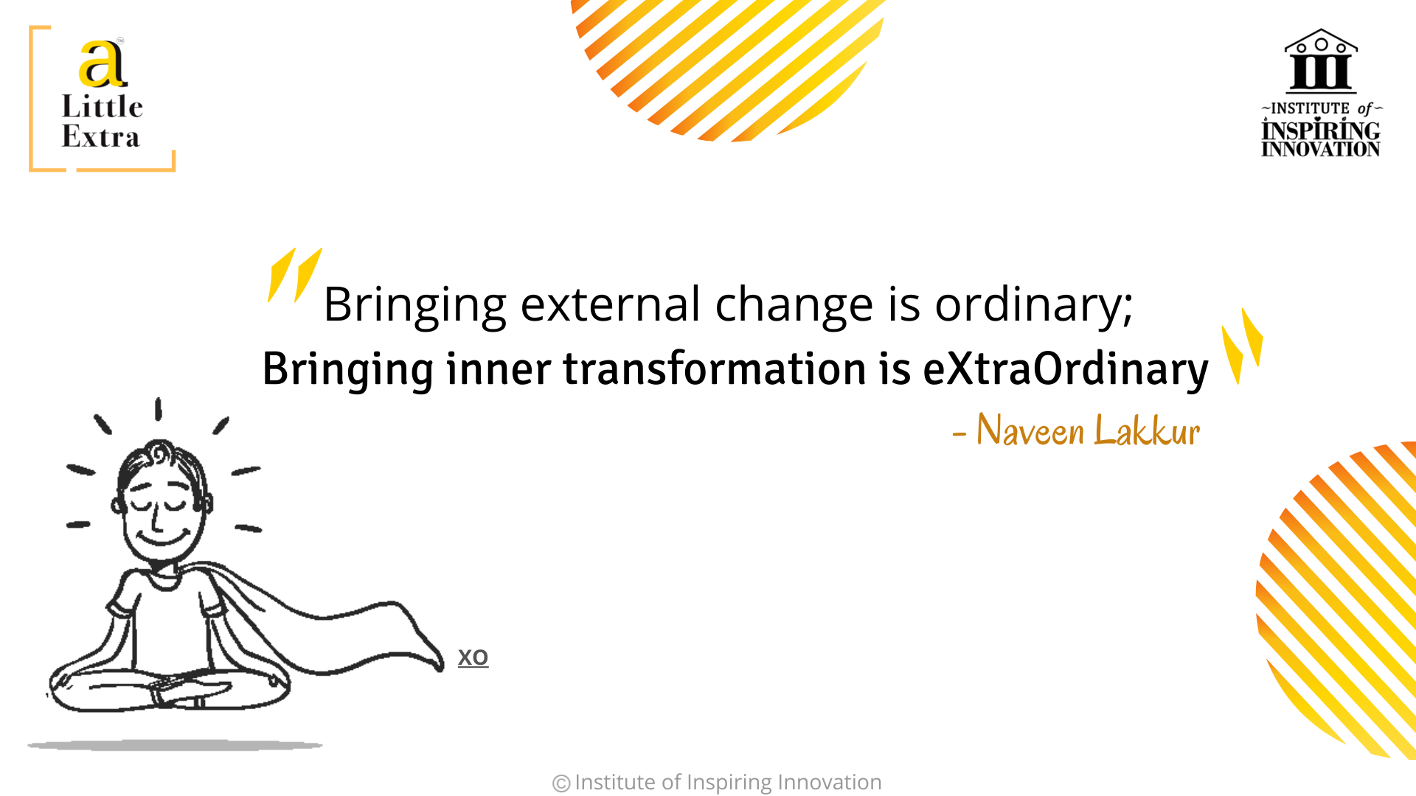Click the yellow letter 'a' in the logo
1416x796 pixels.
[x=103, y=63]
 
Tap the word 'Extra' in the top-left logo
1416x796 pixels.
[x=100, y=136]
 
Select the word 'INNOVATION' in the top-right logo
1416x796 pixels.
[x=1320, y=149]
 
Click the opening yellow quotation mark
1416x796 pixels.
[x=294, y=275]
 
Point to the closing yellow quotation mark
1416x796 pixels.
[x=1242, y=346]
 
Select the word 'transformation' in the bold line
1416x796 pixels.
[x=715, y=369]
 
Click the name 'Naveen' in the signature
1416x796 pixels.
[x=1030, y=430]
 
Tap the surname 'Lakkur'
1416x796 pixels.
[x=1147, y=430]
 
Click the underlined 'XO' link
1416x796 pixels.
[x=473, y=657]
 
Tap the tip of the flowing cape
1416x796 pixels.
[x=440, y=667]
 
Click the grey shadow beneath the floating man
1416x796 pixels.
[x=175, y=746]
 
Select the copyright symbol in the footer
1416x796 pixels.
[x=561, y=783]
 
